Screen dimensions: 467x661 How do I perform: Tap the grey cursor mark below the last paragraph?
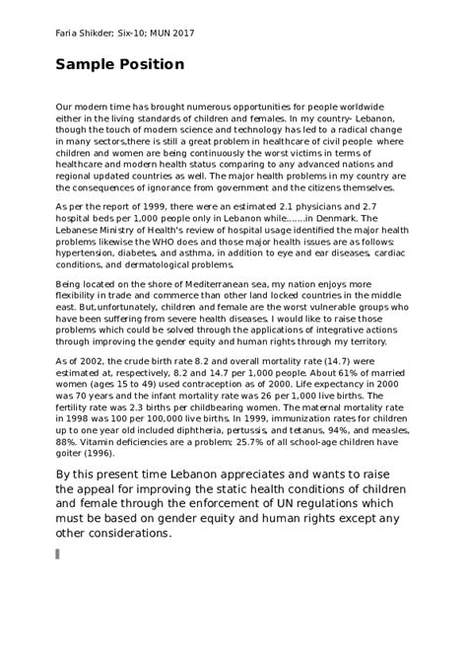pyautogui.click(x=58, y=553)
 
